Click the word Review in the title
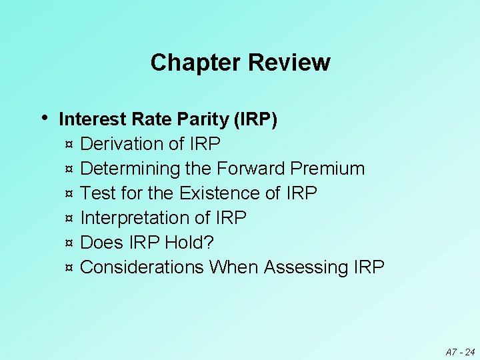[289, 63]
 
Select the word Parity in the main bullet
[206, 119]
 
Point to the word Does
[101, 243]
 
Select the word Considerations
[142, 267]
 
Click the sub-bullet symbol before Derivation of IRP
[69, 145]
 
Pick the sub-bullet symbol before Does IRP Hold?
[69, 243]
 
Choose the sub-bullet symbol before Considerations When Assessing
[69, 268]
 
